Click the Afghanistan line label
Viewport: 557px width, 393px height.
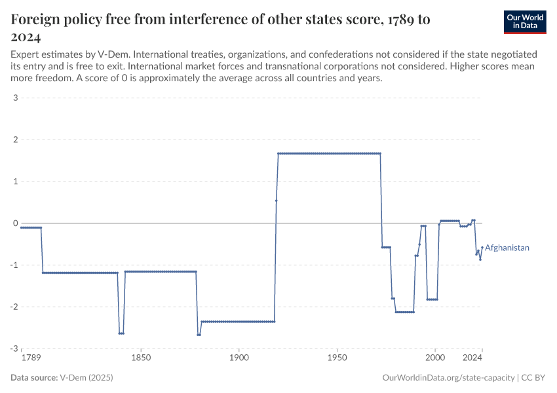pos(507,248)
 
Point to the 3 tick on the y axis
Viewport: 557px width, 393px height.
pos(14,98)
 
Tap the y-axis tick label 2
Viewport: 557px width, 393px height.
pos(14,140)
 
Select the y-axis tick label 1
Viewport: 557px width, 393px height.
pos(14,181)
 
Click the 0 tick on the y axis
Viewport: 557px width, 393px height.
pos(14,223)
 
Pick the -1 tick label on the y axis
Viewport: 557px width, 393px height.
pos(12,265)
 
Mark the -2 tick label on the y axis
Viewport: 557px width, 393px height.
pos(12,307)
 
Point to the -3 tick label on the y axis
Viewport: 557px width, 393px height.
pos(12,348)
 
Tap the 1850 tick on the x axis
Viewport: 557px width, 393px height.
pos(141,358)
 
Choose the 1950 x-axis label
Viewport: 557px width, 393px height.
pos(337,358)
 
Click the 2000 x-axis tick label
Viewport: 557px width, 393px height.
pos(434,358)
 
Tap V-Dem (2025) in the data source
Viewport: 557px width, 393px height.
pos(86,378)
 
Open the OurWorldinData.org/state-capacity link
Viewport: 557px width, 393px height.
pos(448,378)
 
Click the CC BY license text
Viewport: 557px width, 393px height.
pos(534,378)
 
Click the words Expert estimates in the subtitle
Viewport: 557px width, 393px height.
pos(43,53)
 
